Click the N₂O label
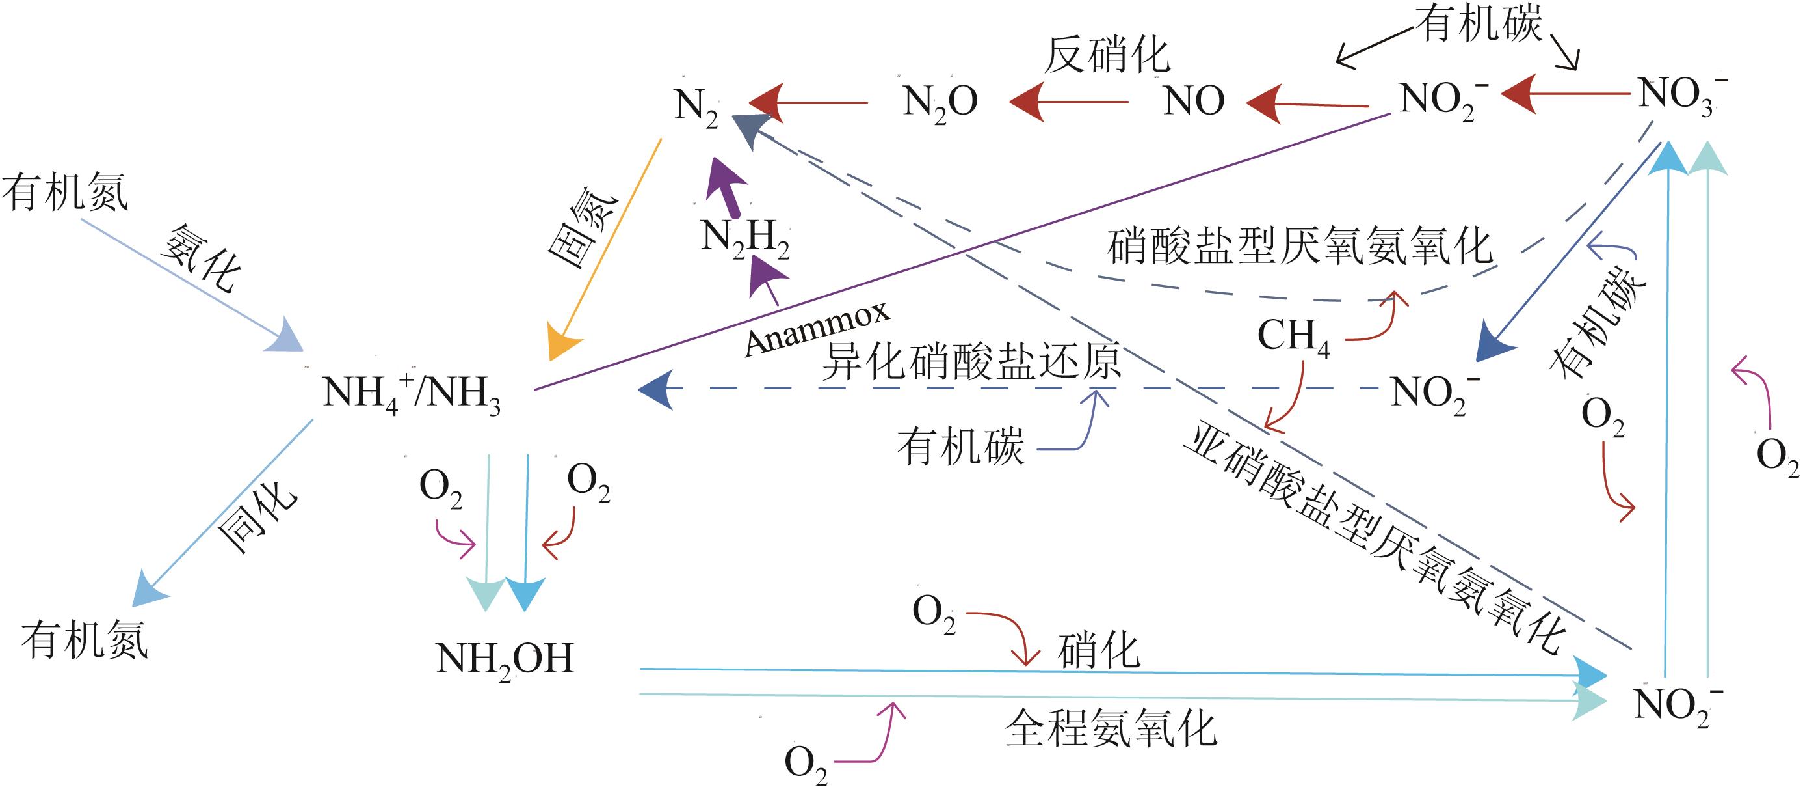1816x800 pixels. (x=940, y=102)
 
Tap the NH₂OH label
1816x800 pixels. (x=505, y=659)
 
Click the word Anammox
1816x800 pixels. (x=818, y=329)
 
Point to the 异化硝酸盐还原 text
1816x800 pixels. (x=971, y=361)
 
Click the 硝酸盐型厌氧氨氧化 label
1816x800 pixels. (x=1300, y=246)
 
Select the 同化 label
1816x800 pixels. (x=257, y=516)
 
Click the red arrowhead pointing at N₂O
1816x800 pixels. (x=1028, y=102)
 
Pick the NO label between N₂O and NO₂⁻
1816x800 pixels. (x=1194, y=101)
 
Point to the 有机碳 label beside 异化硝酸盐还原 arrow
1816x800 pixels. (x=960, y=447)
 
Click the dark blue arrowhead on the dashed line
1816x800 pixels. (x=655, y=389)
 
